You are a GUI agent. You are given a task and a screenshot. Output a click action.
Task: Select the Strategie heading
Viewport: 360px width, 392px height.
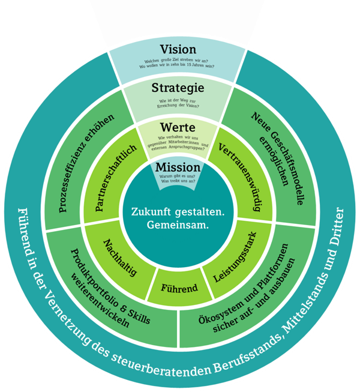pyautogui.click(x=177, y=88)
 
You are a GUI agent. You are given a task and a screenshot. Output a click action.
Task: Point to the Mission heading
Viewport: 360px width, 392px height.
pyautogui.click(x=177, y=166)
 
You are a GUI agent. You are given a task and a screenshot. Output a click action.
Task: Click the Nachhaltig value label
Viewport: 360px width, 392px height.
pyautogui.click(x=119, y=256)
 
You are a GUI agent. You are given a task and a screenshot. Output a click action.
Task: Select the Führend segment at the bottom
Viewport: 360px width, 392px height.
pyautogui.click(x=179, y=288)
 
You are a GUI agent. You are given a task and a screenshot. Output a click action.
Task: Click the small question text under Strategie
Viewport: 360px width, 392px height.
pyautogui.click(x=178, y=104)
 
